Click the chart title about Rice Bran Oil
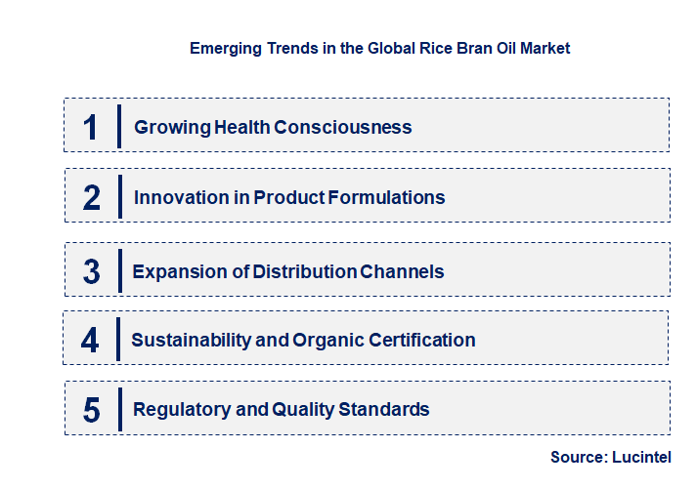(x=379, y=47)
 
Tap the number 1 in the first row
(x=91, y=127)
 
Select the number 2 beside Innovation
(x=92, y=197)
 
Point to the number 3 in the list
(x=92, y=271)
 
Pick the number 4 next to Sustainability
(x=91, y=340)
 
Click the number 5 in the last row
(x=92, y=409)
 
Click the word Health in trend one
(x=239, y=127)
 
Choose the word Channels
(x=402, y=271)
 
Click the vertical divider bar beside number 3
(x=118, y=269)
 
